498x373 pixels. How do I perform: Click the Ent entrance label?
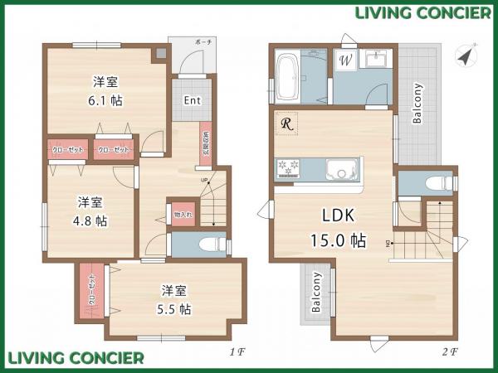[192, 101]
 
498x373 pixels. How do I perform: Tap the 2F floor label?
[449, 351]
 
